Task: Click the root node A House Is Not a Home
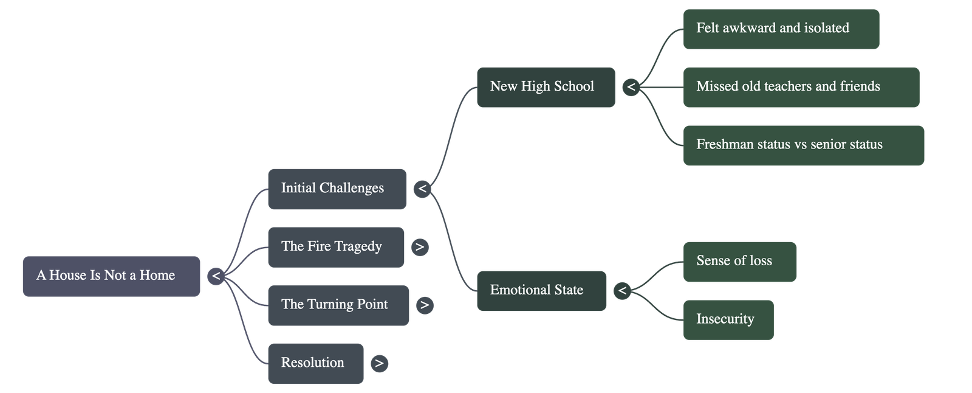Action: click(x=111, y=276)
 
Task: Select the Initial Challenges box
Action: click(x=337, y=189)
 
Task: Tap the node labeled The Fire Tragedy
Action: click(x=336, y=247)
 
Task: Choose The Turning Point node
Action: click(x=338, y=305)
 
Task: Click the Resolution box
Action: click(x=316, y=363)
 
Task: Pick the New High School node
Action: click(x=546, y=88)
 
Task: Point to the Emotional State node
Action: click(x=541, y=291)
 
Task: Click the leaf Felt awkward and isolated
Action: click(x=781, y=29)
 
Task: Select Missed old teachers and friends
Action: click(x=801, y=88)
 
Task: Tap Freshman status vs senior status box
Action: click(x=803, y=145)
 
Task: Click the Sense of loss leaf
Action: click(x=739, y=262)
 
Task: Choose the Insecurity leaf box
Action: click(x=728, y=320)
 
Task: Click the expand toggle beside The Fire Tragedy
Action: click(x=419, y=247)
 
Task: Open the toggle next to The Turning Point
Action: click(x=425, y=305)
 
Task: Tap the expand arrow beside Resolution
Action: click(x=379, y=363)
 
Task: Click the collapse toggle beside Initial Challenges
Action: click(x=422, y=189)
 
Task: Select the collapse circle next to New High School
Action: click(x=631, y=88)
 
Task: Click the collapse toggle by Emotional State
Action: click(x=621, y=291)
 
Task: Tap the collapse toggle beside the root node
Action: click(x=216, y=276)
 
